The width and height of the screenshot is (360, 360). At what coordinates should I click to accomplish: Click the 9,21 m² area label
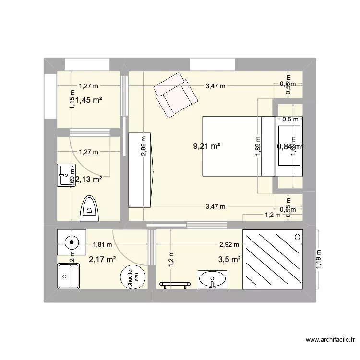[x=207, y=147]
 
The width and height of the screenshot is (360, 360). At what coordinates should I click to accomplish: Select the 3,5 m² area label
[x=229, y=260]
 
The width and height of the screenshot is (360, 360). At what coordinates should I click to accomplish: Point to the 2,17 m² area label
[x=102, y=260]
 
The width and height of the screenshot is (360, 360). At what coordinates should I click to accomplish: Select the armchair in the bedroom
[x=175, y=95]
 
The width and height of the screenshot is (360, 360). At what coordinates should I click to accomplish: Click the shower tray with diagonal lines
[x=273, y=260]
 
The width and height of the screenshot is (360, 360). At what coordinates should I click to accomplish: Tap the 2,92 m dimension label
[x=228, y=244]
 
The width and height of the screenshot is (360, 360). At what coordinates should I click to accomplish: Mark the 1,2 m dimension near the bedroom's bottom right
[x=273, y=215]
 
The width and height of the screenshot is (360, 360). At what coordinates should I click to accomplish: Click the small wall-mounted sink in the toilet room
[x=64, y=175]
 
